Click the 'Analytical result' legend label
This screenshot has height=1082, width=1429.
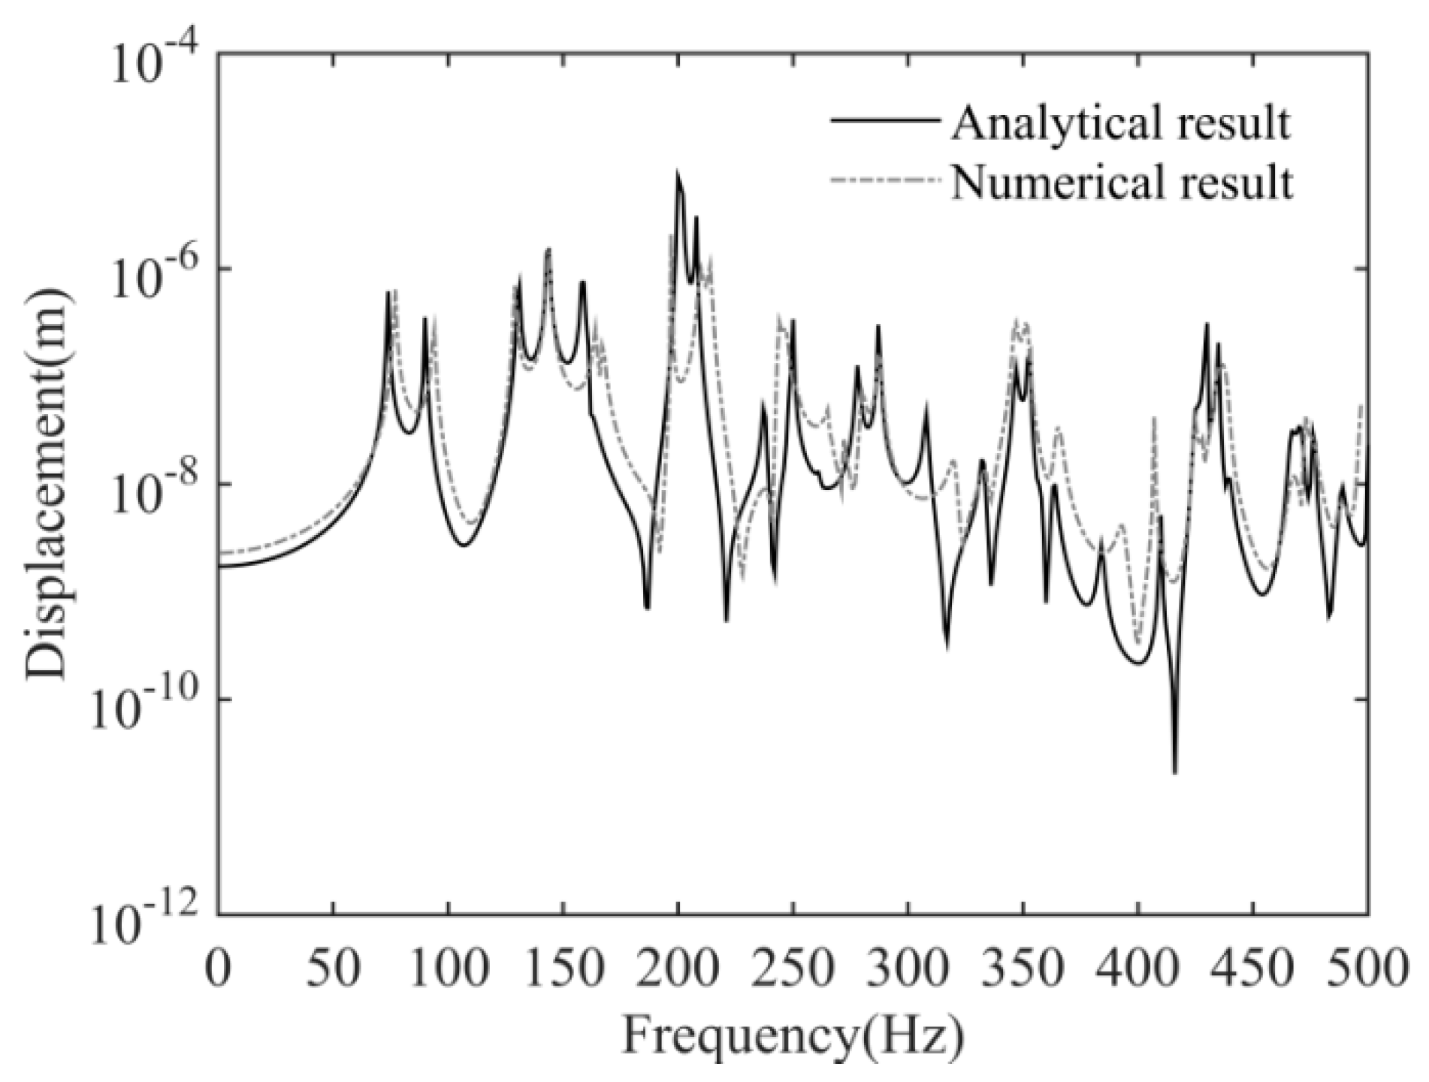click(x=1121, y=123)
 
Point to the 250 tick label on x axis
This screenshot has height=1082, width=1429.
click(x=793, y=969)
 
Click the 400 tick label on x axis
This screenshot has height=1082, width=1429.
click(x=1137, y=969)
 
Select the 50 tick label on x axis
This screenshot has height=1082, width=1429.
click(x=333, y=969)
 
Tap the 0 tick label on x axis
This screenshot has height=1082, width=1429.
click(x=219, y=969)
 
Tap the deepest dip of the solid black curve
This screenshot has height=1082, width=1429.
click(x=1174, y=772)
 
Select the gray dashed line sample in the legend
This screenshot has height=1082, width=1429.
click(x=884, y=180)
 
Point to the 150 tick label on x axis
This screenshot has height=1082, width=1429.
click(x=563, y=969)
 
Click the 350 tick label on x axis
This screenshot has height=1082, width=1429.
click(x=1023, y=969)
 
